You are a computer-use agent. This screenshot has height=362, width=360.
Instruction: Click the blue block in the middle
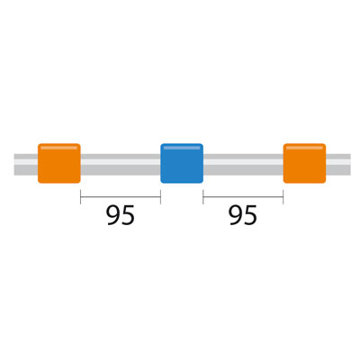pyautogui.click(x=182, y=163)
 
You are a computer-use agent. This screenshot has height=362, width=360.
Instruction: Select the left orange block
pyautogui.click(x=59, y=163)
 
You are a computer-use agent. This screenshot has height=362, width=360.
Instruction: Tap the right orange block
pyautogui.click(x=304, y=163)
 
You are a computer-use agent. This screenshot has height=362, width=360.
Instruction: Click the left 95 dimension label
pyautogui.click(x=121, y=215)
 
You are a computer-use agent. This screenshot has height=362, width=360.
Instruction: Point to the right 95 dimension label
pyautogui.click(x=243, y=215)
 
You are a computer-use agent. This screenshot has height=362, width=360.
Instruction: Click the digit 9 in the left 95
pyautogui.click(x=113, y=215)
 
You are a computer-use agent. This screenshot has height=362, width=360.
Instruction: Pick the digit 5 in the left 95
pyautogui.click(x=128, y=215)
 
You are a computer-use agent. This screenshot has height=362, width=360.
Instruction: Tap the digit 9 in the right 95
pyautogui.click(x=236, y=215)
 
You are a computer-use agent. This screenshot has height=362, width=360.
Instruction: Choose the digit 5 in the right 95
pyautogui.click(x=250, y=215)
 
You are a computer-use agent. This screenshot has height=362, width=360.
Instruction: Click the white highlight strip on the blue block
pyautogui.click(x=182, y=148)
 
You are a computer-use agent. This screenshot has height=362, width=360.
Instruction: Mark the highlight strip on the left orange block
pyautogui.click(x=59, y=148)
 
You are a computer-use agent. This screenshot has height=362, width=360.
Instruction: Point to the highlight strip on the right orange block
pyautogui.click(x=304, y=148)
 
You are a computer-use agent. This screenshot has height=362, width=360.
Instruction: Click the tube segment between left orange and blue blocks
pyautogui.click(x=121, y=165)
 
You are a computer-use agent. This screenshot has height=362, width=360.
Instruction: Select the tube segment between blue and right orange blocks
pyautogui.click(x=243, y=165)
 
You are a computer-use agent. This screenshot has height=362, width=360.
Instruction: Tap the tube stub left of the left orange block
pyautogui.click(x=26, y=165)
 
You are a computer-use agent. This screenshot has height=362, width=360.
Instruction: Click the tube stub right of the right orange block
pyautogui.click(x=338, y=165)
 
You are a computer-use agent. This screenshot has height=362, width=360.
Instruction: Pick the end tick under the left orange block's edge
pyautogui.click(x=80, y=197)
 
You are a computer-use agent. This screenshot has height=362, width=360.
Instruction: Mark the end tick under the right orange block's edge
pyautogui.click(x=283, y=197)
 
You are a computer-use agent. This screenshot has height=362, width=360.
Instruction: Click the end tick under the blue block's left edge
pyautogui.click(x=160, y=197)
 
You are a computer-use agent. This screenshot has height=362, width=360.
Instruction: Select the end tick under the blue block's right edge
pyautogui.click(x=203, y=197)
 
